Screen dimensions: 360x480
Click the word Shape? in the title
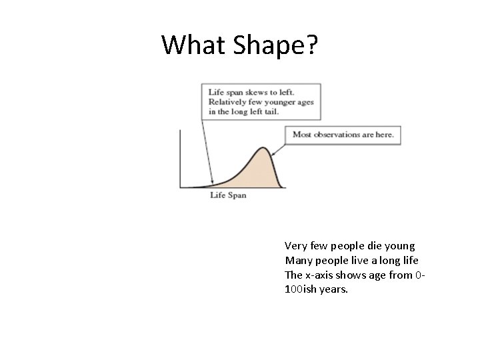pyautogui.click(x=275, y=45)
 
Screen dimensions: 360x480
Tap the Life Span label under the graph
pyautogui.click(x=228, y=195)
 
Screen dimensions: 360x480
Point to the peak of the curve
pyautogui.click(x=265, y=149)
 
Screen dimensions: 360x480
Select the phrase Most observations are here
pyautogui.click(x=343, y=135)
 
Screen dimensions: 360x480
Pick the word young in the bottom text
pyautogui.click(x=399, y=245)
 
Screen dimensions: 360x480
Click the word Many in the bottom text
pyautogui.click(x=298, y=260)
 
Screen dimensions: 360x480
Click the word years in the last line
pyautogui.click(x=334, y=289)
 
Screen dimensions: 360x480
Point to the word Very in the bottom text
pyautogui.click(x=295, y=245)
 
